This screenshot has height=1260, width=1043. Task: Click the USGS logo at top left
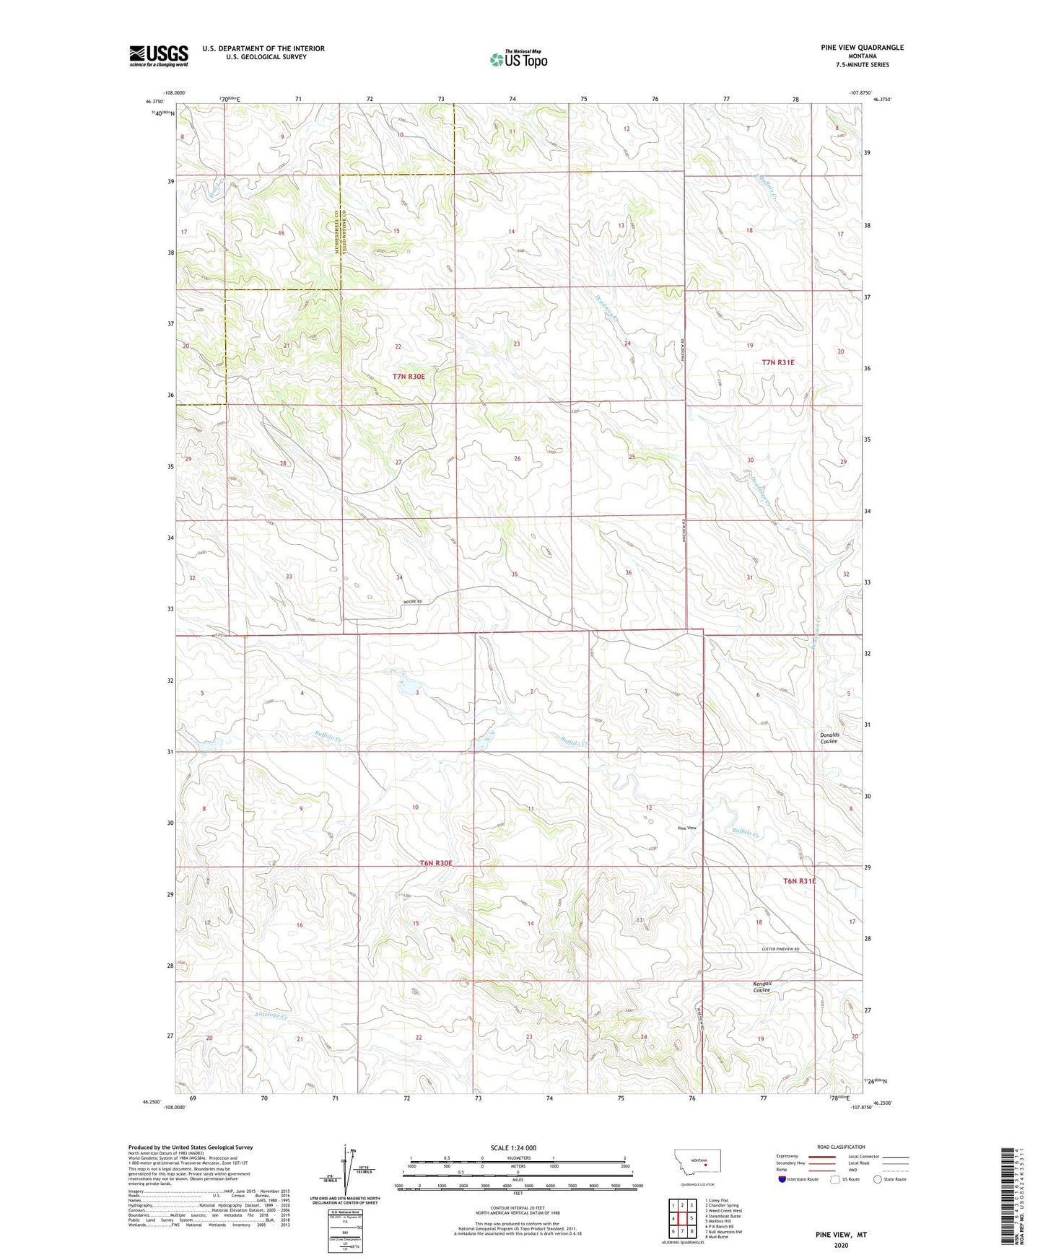pyautogui.click(x=159, y=56)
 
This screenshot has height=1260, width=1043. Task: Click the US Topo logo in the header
pyautogui.click(x=518, y=59)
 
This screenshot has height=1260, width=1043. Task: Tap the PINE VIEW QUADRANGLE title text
pyautogui.click(x=862, y=48)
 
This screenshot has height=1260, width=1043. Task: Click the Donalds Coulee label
pyautogui.click(x=829, y=738)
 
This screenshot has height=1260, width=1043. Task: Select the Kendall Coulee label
pyautogui.click(x=762, y=986)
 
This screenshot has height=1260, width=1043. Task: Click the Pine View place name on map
pyautogui.click(x=686, y=828)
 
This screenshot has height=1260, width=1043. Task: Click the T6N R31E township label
pyautogui.click(x=799, y=881)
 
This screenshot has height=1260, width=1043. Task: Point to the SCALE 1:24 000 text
pyautogui.click(x=513, y=1147)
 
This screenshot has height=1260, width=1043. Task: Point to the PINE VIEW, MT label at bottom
pyautogui.click(x=841, y=1234)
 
